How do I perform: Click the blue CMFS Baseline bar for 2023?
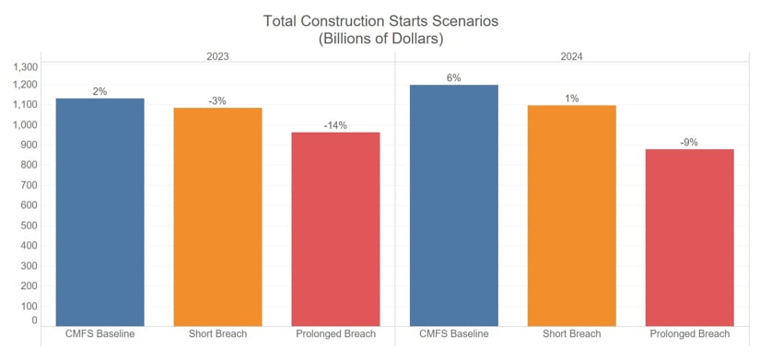pos(99,212)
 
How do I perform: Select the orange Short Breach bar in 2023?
pos(217,216)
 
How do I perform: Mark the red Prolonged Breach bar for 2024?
pos(689,238)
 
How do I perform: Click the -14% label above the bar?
pos(335,125)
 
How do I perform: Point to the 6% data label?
pos(453,78)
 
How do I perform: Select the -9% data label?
pos(689,142)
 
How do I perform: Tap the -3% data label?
pos(217,100)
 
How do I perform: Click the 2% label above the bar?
pos(99,91)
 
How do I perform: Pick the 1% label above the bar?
pos(571,99)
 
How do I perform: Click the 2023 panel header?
pos(217,56)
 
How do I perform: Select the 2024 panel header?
pos(571,56)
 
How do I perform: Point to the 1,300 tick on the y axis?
pos(25,67)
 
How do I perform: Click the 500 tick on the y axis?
pos(29,226)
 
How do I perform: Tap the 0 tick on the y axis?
pos(34,320)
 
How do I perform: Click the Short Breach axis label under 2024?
pos(571,333)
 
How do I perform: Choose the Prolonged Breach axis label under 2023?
pos(335,333)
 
